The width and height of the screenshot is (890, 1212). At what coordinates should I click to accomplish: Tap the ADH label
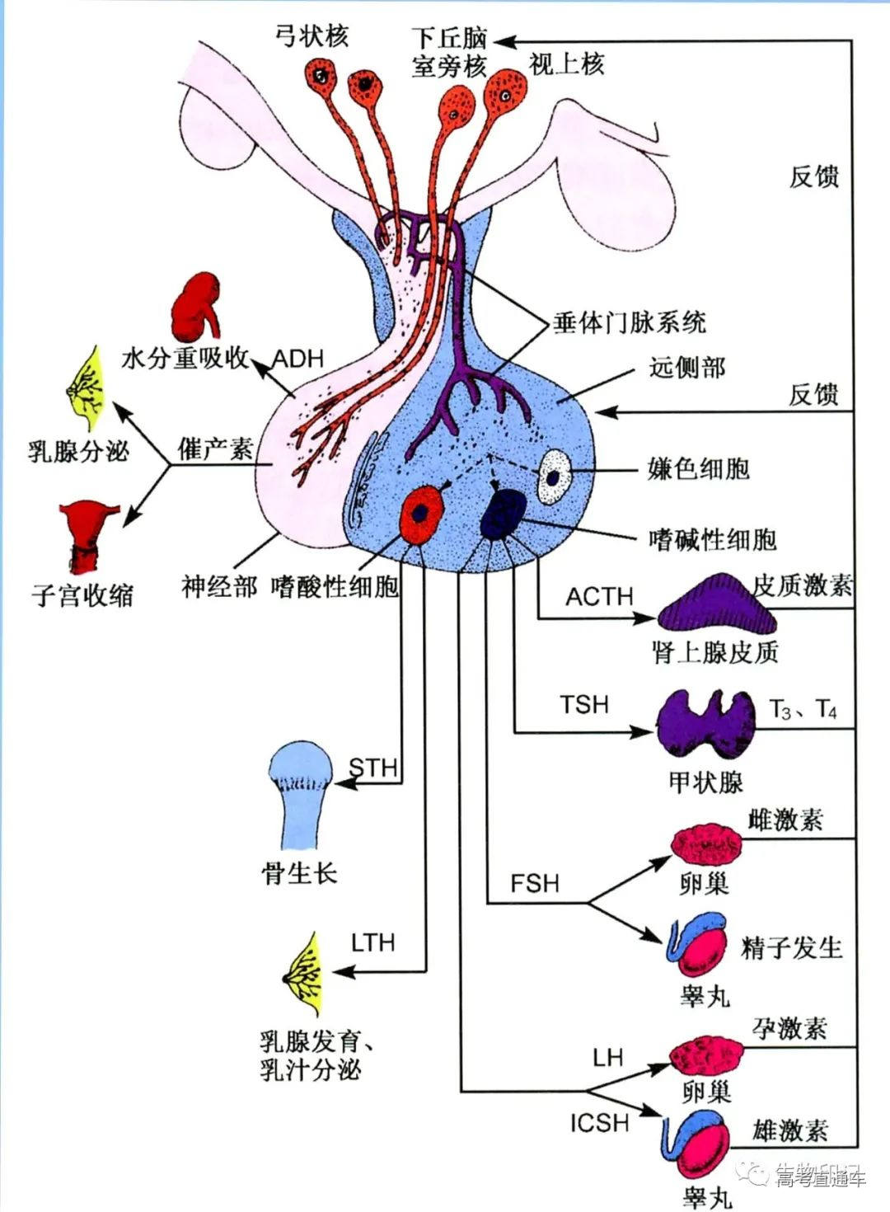coord(297,359)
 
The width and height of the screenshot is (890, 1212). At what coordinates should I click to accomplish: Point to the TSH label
coord(584,705)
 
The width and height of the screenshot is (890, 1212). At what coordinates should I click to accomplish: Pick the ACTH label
coord(599,596)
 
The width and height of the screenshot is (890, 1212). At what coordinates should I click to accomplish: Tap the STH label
coord(373,768)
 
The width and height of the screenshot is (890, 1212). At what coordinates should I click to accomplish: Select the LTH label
coord(372,942)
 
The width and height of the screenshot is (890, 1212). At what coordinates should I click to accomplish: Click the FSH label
coord(534,883)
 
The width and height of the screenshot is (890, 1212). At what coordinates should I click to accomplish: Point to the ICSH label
coord(599,1122)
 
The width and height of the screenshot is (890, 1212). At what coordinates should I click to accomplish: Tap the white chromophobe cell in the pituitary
coord(555,477)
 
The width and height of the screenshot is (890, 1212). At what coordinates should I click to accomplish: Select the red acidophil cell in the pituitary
coord(422,513)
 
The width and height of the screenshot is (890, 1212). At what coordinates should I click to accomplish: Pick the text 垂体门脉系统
coord(630,322)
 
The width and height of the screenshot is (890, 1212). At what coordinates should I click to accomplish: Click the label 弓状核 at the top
coord(312,35)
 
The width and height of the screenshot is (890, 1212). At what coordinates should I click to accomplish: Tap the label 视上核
coord(566,63)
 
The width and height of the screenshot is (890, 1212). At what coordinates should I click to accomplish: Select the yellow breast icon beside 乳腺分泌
coord(85,384)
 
